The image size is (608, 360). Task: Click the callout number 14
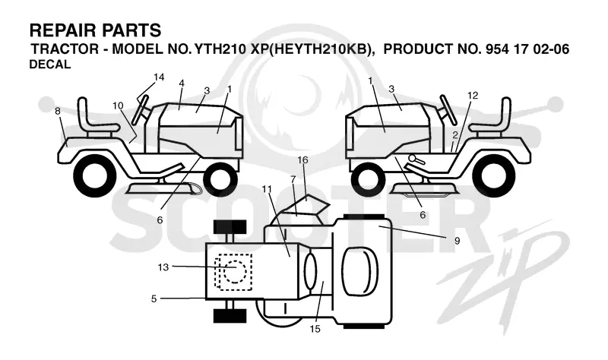tap(159, 77)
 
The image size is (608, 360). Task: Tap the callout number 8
tap(58, 111)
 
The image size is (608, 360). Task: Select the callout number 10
tap(118, 106)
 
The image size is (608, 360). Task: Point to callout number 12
tap(473, 96)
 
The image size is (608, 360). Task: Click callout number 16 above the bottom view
tap(302, 159)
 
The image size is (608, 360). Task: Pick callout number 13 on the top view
tap(163, 267)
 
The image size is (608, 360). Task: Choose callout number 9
tap(458, 241)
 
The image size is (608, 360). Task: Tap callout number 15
tap(315, 329)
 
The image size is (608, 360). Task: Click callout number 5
tap(154, 298)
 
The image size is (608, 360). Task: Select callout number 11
tap(267, 189)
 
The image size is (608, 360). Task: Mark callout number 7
tap(293, 179)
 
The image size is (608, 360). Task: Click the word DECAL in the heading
tap(50, 65)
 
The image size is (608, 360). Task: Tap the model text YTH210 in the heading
tap(220, 49)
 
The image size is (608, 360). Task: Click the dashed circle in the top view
tap(234, 270)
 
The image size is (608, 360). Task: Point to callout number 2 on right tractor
tap(455, 135)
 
